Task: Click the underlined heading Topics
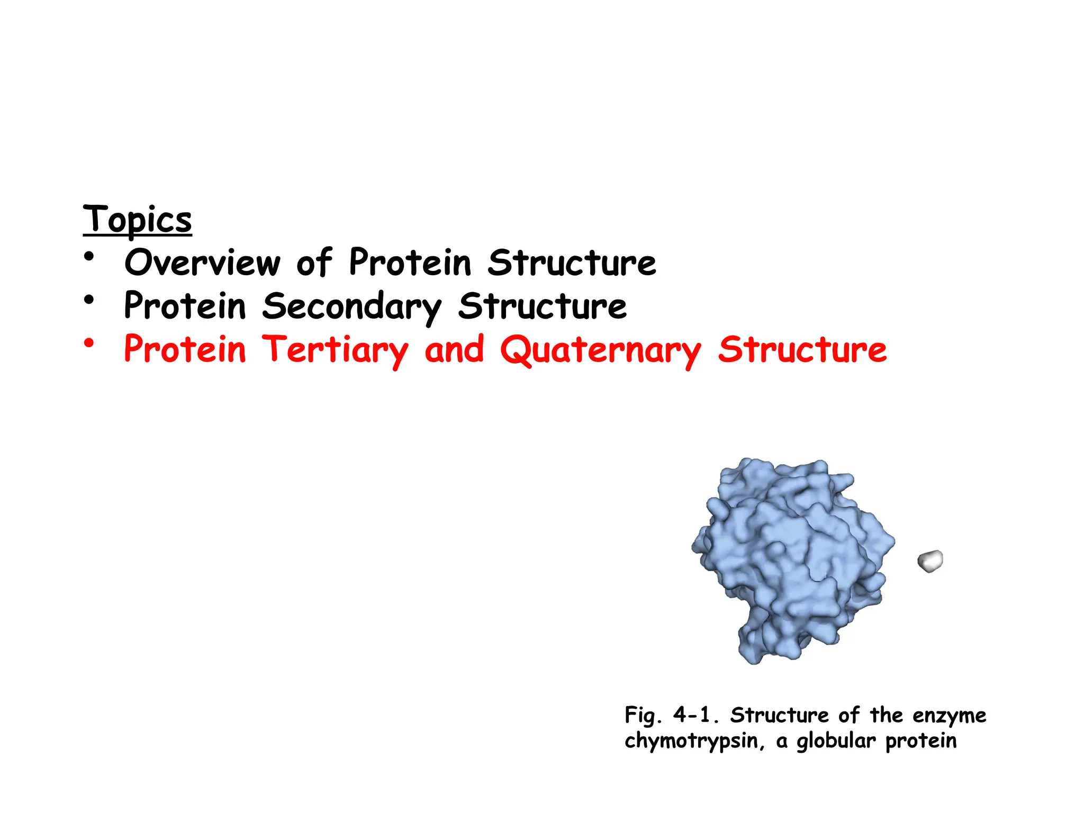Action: tap(137, 220)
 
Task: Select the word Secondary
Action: tap(351, 306)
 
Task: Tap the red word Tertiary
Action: tap(336, 350)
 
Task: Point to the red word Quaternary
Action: tap(600, 350)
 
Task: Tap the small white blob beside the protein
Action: tap(930, 561)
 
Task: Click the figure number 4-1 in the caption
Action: tap(695, 715)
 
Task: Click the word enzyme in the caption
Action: tap(950, 715)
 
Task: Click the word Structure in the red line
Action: tap(802, 350)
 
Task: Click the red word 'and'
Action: tap(454, 350)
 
